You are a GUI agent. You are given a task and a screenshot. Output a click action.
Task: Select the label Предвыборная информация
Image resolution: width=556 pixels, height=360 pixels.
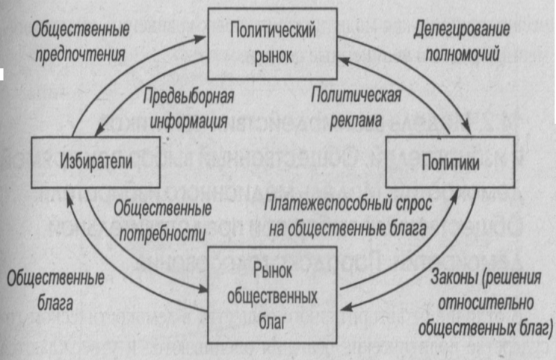(183, 109)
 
